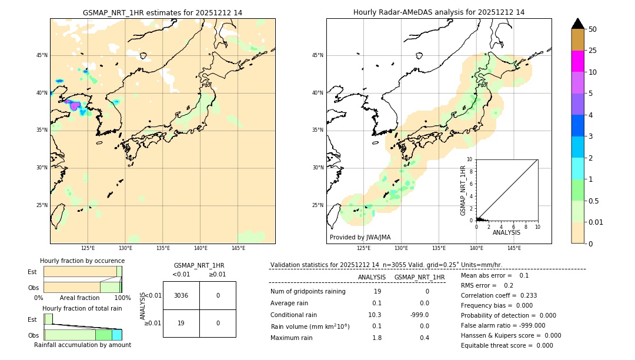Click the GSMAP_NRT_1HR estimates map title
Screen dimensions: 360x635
pyautogui.click(x=162, y=12)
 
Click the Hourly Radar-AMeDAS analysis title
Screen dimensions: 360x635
pyautogui.click(x=439, y=12)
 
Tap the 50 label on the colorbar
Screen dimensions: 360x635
pyautogui.click(x=593, y=29)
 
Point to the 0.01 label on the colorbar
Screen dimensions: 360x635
pyautogui.click(x=596, y=222)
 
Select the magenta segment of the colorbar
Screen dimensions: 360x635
pyautogui.click(x=577, y=61)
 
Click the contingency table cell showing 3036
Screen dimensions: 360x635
pyautogui.click(x=181, y=295)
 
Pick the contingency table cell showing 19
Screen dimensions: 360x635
pyautogui.click(x=181, y=323)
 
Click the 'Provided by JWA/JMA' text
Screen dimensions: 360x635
pyautogui.click(x=360, y=237)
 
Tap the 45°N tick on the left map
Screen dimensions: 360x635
pyautogui.click(x=42, y=55)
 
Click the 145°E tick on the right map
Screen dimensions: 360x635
pyautogui.click(x=514, y=248)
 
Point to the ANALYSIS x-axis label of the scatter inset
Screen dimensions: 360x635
pyautogui.click(x=506, y=232)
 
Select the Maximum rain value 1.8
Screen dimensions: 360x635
pyautogui.click(x=376, y=338)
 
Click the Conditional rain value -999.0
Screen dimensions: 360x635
pyautogui.click(x=420, y=315)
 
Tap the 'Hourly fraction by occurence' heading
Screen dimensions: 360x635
pyautogui.click(x=82, y=261)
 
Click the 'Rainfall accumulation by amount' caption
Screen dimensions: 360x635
pyautogui.click(x=82, y=345)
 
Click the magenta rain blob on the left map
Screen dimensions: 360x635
pyautogui.click(x=75, y=106)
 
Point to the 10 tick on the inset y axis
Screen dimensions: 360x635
pyautogui.click(x=470, y=159)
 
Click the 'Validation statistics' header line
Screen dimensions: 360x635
pyautogui.click(x=386, y=265)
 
